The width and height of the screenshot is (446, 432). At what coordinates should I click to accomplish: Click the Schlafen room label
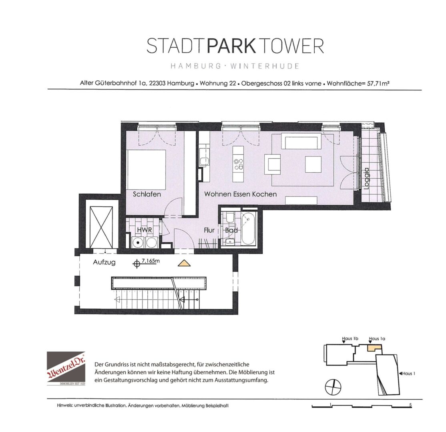pyautogui.click(x=147, y=194)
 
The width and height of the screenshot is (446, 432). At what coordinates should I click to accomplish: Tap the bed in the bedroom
pyautogui.click(x=146, y=170)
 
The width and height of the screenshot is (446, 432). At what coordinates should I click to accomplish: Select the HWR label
pyautogui.click(x=144, y=230)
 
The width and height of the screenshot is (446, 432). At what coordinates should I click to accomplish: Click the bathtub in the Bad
pyautogui.click(x=248, y=228)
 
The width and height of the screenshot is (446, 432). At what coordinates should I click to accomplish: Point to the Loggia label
pyautogui.click(x=366, y=178)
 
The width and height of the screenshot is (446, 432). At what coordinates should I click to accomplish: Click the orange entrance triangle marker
pyautogui.click(x=184, y=264)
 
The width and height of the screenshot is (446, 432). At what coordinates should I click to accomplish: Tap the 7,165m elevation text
pyautogui.click(x=151, y=261)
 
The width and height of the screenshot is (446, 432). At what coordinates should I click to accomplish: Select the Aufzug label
pyautogui.click(x=104, y=262)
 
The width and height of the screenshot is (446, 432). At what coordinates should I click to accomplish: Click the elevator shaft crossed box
pyautogui.click(x=101, y=227)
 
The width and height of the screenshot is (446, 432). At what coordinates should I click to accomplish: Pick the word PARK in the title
pyautogui.click(x=232, y=46)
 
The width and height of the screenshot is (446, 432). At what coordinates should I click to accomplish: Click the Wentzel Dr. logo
pyautogui.click(x=66, y=368)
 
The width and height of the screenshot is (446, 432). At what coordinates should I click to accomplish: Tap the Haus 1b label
pyautogui.click(x=350, y=338)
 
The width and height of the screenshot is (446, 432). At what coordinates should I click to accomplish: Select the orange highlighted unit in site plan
pyautogui.click(x=374, y=348)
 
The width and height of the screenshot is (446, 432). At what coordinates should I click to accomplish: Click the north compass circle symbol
pyautogui.click(x=333, y=387)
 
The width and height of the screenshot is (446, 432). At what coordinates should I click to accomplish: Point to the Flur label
pyautogui.click(x=209, y=230)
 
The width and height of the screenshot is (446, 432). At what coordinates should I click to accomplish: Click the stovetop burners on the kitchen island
pyautogui.click(x=238, y=164)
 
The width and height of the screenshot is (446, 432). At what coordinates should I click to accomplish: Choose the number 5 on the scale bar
pyautogui.click(x=410, y=405)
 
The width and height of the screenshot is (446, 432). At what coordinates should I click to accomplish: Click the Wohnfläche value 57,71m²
pyautogui.click(x=378, y=84)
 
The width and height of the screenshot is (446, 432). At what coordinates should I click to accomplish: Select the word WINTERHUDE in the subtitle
pyautogui.click(x=265, y=66)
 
